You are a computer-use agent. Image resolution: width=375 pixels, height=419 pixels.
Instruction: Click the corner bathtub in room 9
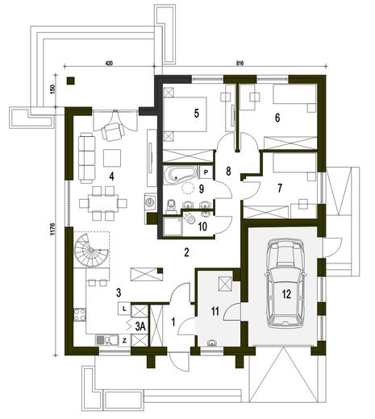180,175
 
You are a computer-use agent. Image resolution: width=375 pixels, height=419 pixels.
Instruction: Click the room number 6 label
277,118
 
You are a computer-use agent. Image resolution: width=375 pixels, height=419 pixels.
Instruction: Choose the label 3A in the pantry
140,326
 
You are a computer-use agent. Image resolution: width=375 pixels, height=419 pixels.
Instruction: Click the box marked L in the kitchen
123,308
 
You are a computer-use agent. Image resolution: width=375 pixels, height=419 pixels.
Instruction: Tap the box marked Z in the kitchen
123,341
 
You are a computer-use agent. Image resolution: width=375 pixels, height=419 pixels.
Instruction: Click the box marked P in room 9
206,172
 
